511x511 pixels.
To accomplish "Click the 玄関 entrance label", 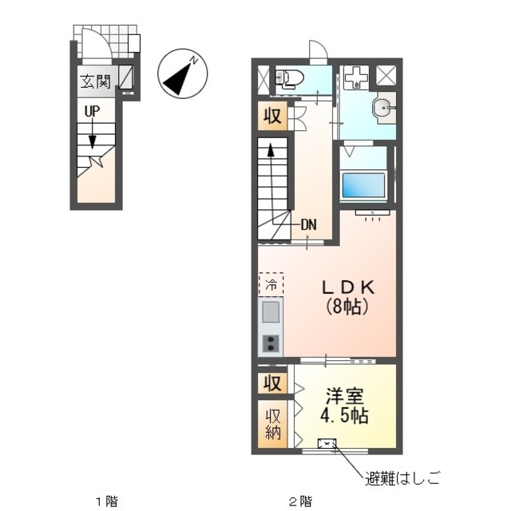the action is coord(96,81).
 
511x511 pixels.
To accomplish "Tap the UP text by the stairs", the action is coord(93,112).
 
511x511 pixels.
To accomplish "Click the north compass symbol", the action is coord(183,73).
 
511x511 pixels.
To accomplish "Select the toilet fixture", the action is coord(289,78).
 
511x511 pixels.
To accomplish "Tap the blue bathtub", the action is coord(363,185).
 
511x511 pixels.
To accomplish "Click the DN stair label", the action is coord(308,224).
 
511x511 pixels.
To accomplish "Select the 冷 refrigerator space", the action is coord(271,284).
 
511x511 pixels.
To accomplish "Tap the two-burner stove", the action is coord(271,343).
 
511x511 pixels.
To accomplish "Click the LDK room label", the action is coord(348,287).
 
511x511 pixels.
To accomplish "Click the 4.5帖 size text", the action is coord(344,415).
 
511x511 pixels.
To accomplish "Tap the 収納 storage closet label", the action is coord(273,424).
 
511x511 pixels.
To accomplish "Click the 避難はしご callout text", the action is coord(402,478).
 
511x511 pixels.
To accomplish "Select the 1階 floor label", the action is coord(106,501).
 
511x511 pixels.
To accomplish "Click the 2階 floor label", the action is coord(300,501).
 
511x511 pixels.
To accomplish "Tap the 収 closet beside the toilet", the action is coord(272,115).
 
